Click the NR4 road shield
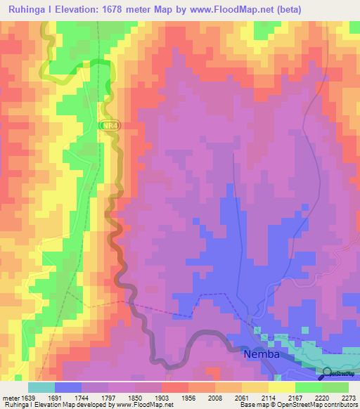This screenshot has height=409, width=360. point(109,125)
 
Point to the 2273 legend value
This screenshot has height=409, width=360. point(348,397)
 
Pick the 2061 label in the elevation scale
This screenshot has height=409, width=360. point(242,397)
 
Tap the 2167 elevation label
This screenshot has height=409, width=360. point(295,397)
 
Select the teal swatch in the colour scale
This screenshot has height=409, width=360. point(41,387)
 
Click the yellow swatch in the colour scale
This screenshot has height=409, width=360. point(281,387)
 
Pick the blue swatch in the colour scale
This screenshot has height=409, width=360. point(68,387)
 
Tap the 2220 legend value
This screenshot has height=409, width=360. point(322,397)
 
